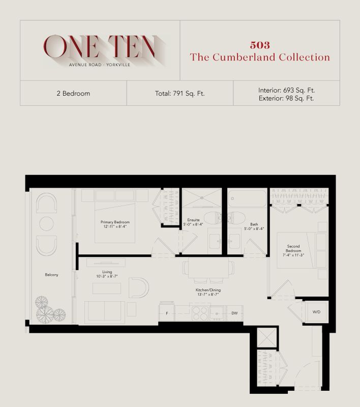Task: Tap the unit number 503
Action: pos(260,45)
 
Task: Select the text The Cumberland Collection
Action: pos(260,57)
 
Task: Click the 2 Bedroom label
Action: pos(73,94)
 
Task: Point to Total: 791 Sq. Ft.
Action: pos(179,94)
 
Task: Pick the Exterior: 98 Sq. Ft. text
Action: pos(286,98)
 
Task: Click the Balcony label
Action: pos(51,275)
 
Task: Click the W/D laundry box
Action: pos(316,312)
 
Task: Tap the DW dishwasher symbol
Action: pos(234,313)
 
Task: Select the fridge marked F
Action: pos(166,313)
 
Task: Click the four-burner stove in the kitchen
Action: pos(200,313)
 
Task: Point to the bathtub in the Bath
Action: pos(247,198)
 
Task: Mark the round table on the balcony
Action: pos(46,224)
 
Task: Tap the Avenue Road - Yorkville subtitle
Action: pos(100,65)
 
